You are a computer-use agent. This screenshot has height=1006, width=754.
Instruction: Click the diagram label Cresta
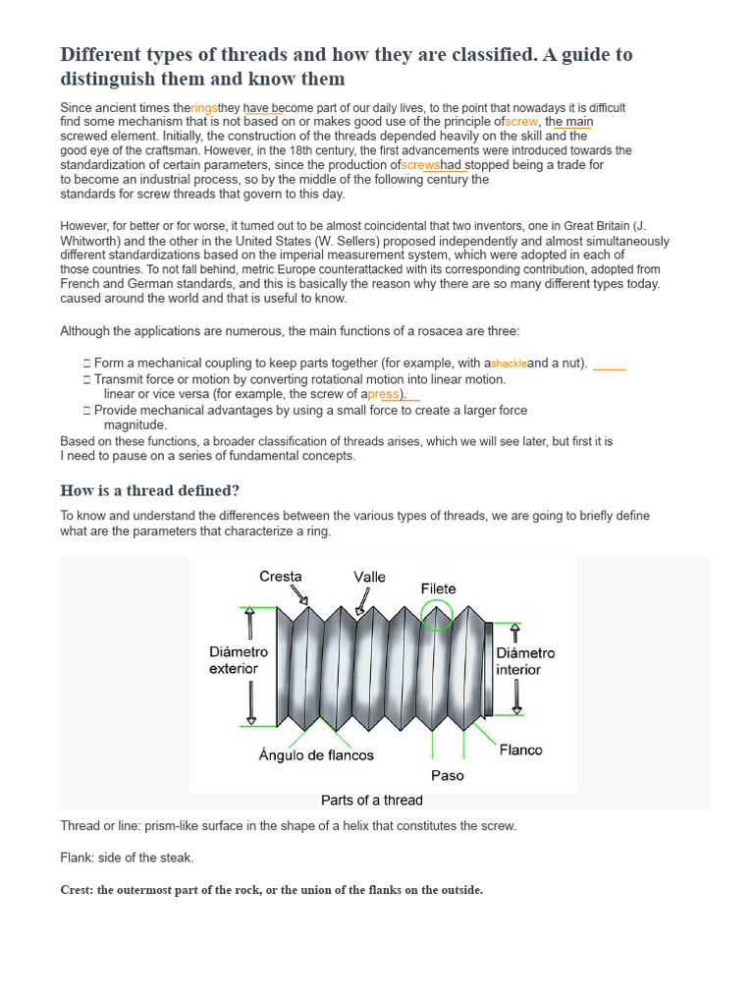(281, 577)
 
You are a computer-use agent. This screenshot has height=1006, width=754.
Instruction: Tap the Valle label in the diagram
(370, 578)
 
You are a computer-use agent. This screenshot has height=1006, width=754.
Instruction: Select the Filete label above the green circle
(439, 588)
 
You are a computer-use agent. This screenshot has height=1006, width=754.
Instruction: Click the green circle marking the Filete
(436, 616)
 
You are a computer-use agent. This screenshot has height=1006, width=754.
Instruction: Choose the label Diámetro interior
(525, 661)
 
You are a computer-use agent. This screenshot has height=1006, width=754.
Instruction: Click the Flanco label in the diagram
(520, 750)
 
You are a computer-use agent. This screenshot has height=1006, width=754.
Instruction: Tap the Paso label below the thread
(447, 775)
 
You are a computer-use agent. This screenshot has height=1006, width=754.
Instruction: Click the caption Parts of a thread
(372, 800)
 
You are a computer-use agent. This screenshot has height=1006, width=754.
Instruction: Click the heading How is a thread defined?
(149, 490)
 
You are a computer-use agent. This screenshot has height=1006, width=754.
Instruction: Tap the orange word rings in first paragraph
(204, 108)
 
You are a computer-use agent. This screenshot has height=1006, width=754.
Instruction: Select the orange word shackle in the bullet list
(509, 363)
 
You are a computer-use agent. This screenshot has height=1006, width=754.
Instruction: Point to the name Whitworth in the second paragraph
(89, 241)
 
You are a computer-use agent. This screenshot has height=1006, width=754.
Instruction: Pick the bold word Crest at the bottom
(77, 890)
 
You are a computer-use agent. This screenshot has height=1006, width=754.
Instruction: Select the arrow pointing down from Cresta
(298, 595)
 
